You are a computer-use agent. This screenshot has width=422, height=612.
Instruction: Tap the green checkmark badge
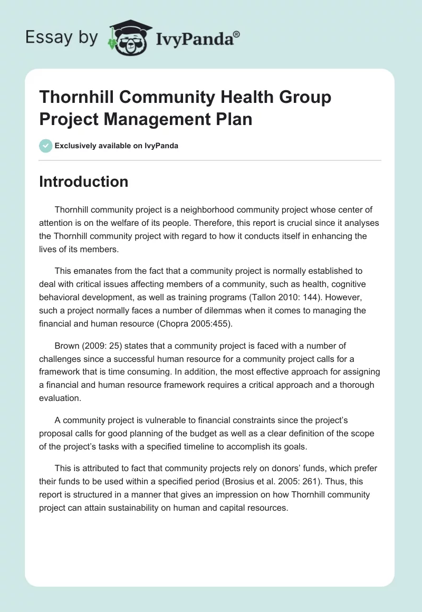click(46, 146)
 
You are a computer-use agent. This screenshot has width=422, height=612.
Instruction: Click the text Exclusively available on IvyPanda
click(117, 146)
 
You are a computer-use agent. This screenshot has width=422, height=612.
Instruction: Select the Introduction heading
click(83, 181)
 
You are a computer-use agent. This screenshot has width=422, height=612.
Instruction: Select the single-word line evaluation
click(60, 397)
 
